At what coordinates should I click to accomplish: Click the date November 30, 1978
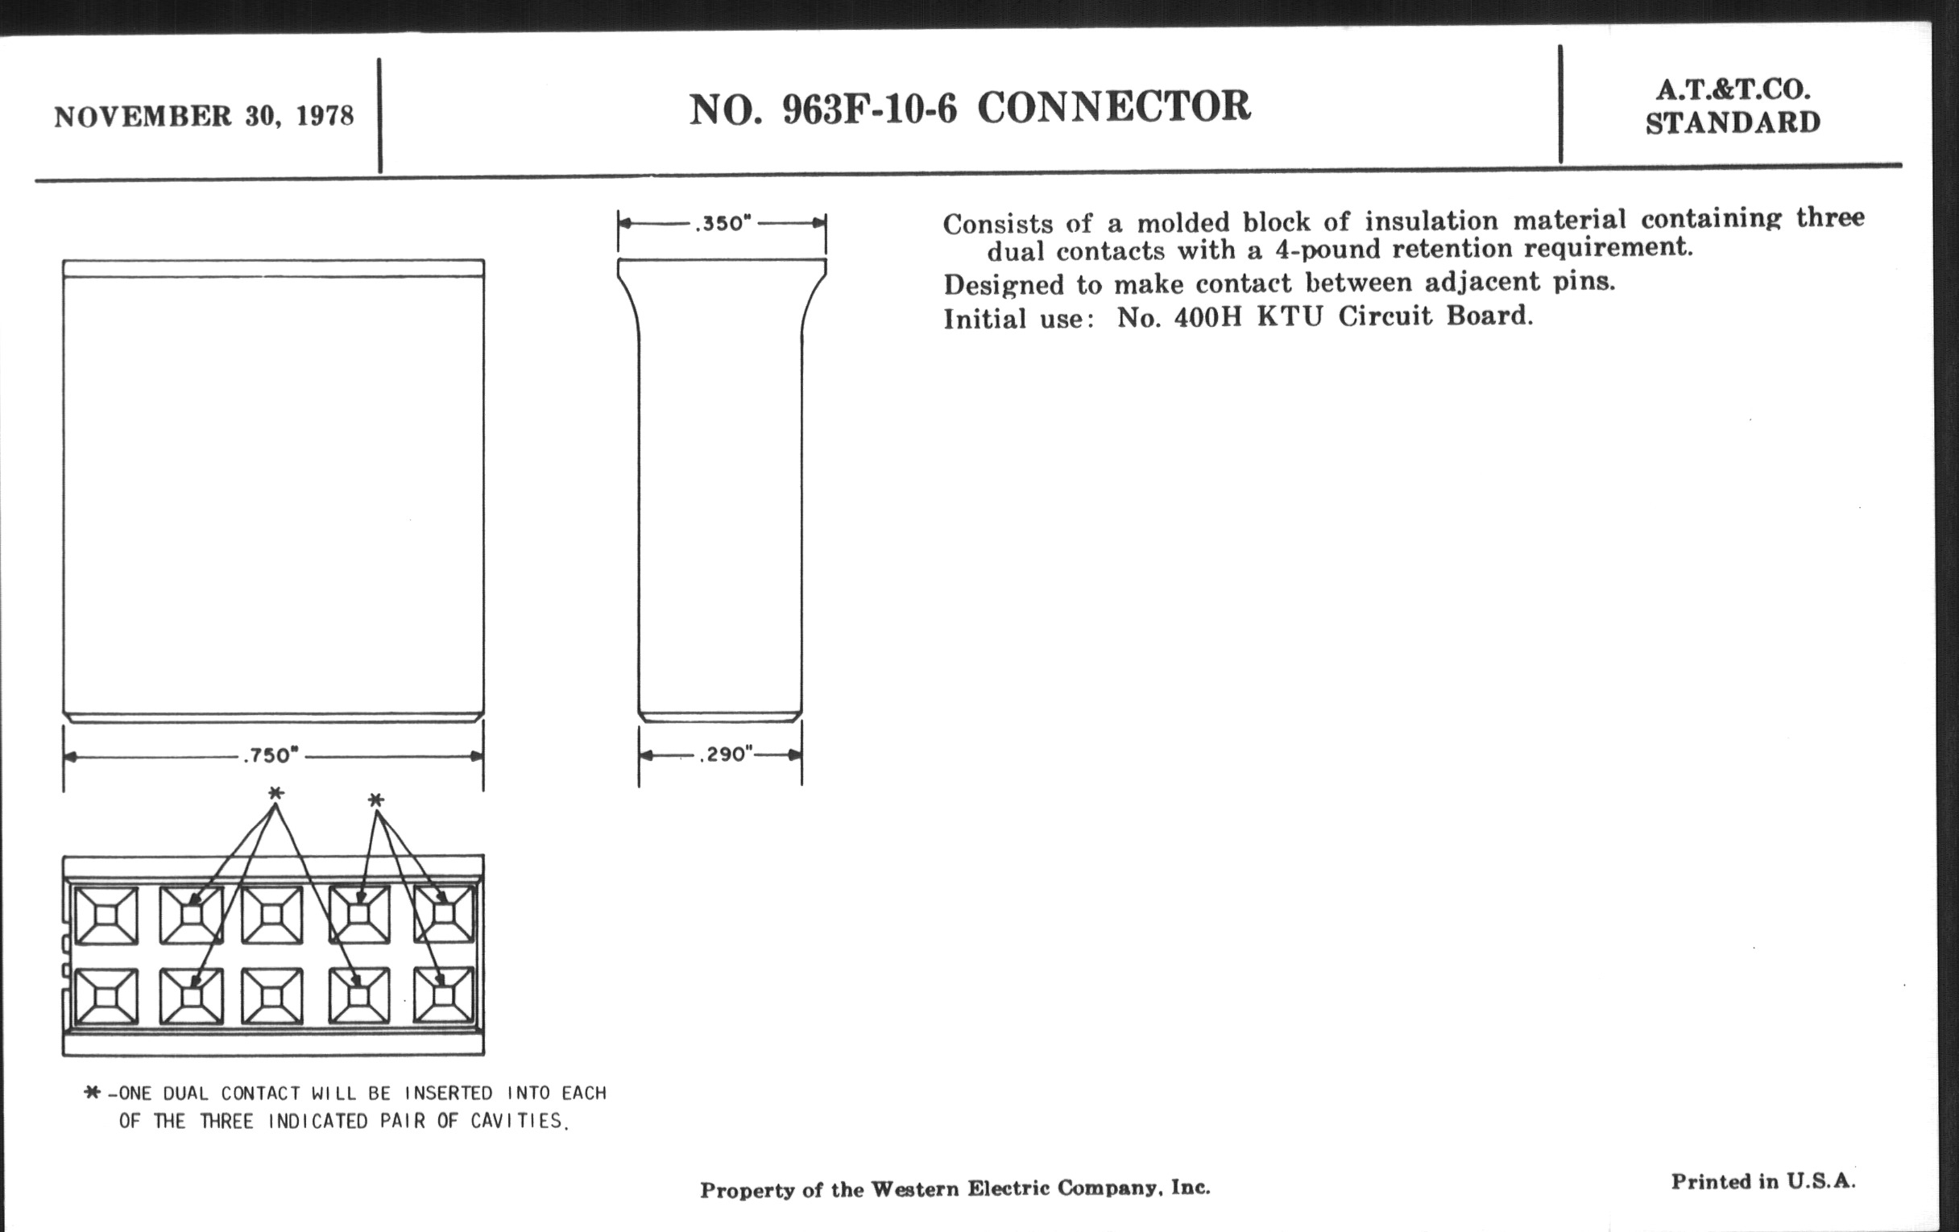pyautogui.click(x=205, y=116)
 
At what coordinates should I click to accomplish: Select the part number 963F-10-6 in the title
pyautogui.click(x=870, y=109)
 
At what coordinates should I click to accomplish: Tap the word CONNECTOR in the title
pyautogui.click(x=1114, y=106)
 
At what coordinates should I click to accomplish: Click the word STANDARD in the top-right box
pyautogui.click(x=1733, y=122)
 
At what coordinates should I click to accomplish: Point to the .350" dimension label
pyautogui.click(x=723, y=223)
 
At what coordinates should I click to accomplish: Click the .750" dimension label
pyautogui.click(x=271, y=755)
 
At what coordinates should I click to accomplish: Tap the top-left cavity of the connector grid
pyautogui.click(x=106, y=915)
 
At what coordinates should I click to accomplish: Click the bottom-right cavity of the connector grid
pyautogui.click(x=443, y=995)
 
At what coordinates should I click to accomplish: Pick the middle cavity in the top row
pyautogui.click(x=271, y=915)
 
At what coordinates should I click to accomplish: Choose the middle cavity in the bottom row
pyautogui.click(x=271, y=995)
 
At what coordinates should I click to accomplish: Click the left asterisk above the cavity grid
pyautogui.click(x=275, y=793)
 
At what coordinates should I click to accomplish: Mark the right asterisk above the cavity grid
pyautogui.click(x=375, y=800)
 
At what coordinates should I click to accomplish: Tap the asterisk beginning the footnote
pyautogui.click(x=92, y=1092)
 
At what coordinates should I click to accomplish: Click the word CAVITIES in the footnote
pyautogui.click(x=517, y=1121)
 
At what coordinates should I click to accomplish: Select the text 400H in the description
pyautogui.click(x=1208, y=316)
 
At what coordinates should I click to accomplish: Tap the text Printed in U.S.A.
pyautogui.click(x=1764, y=1181)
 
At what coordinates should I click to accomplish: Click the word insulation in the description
pyautogui.click(x=1431, y=221)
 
